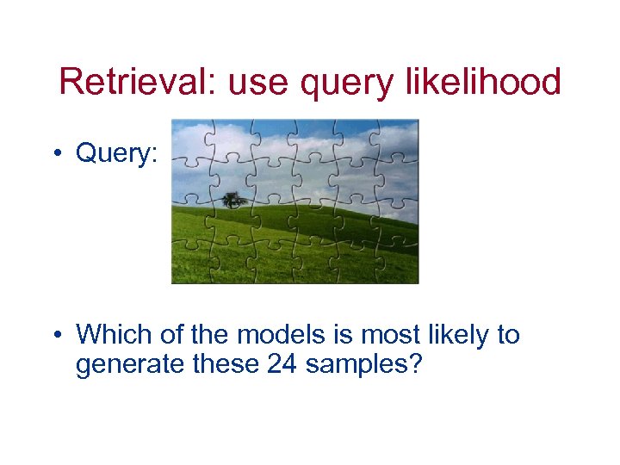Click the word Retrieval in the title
pyautogui.click(x=128, y=83)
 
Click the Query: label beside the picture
pyautogui.click(x=116, y=153)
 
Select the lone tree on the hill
pyautogui.click(x=233, y=200)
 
